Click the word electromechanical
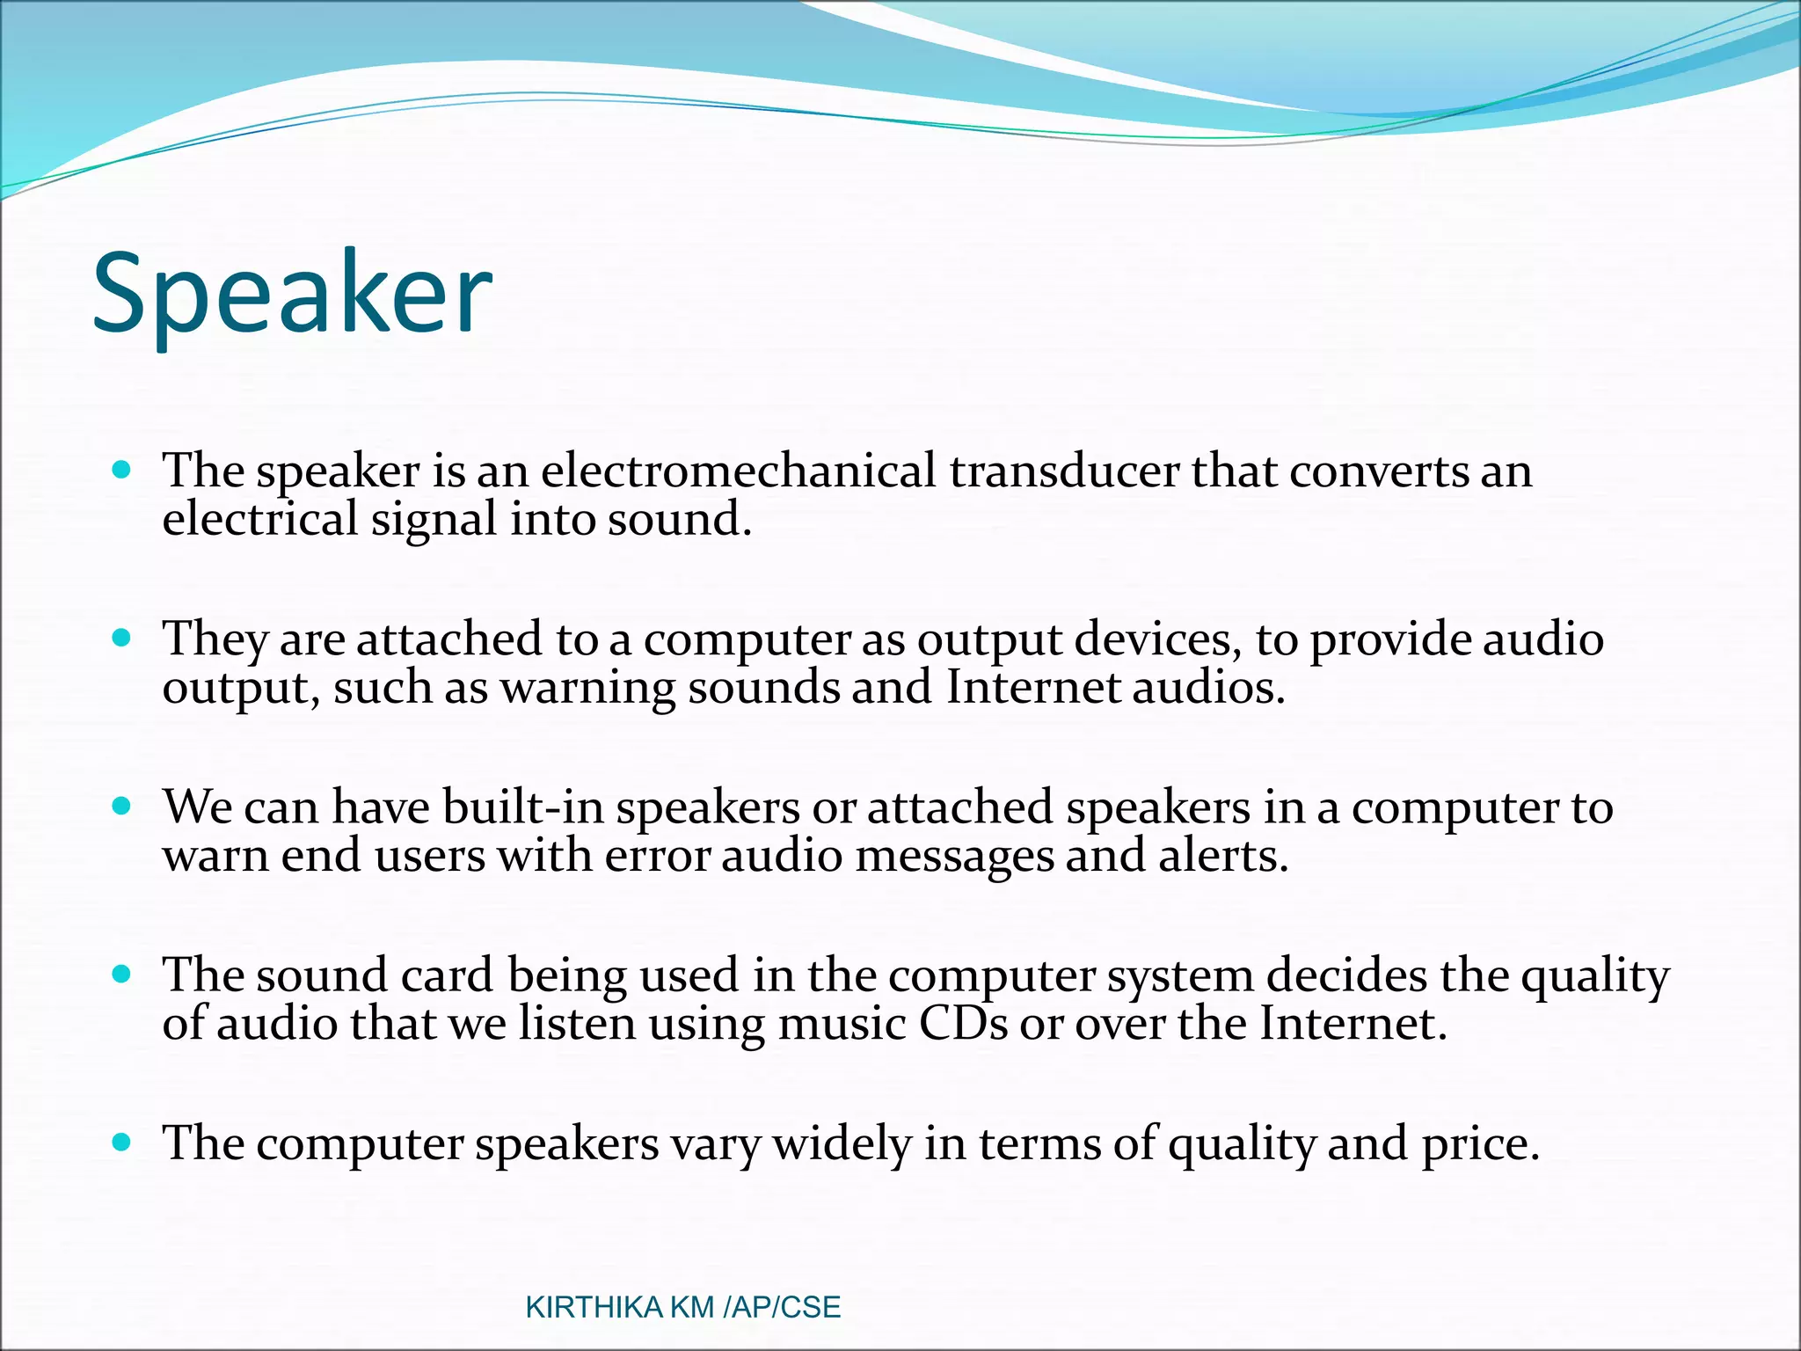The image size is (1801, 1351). pyautogui.click(x=738, y=471)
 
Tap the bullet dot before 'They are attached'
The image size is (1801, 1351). pyautogui.click(x=122, y=638)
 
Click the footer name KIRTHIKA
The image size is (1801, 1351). pyautogui.click(x=594, y=1307)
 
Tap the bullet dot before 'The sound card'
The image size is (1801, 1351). pyautogui.click(x=122, y=975)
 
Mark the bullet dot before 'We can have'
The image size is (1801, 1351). pyautogui.click(x=122, y=806)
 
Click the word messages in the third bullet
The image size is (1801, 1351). pyautogui.click(x=954, y=856)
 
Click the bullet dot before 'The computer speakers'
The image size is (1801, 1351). pyautogui.click(x=122, y=1143)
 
